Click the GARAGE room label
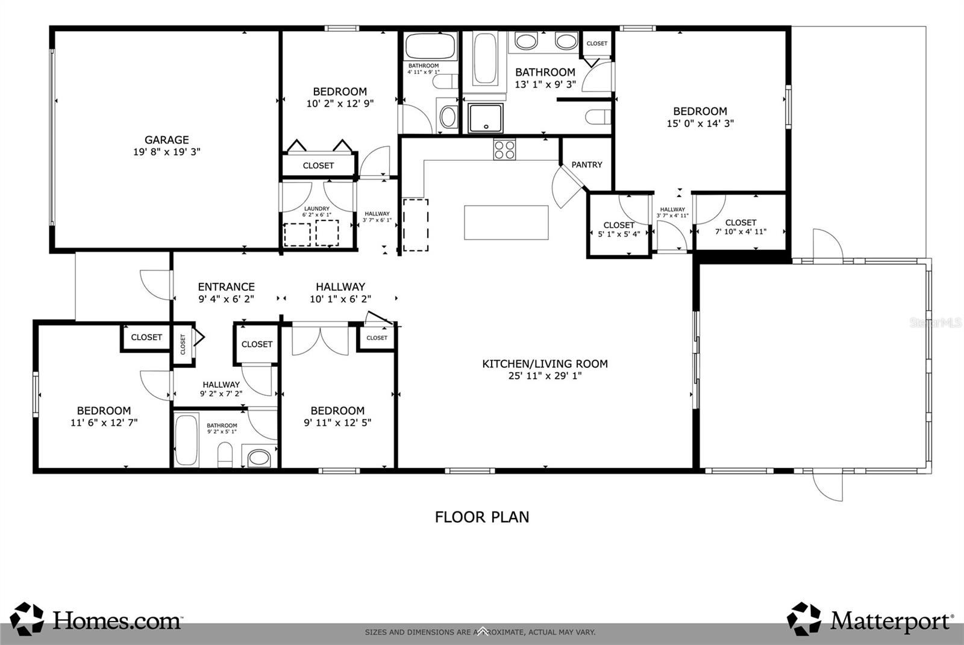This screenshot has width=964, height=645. (x=166, y=140)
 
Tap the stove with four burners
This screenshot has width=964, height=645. (x=504, y=149)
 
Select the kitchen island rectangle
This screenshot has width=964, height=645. (x=506, y=222)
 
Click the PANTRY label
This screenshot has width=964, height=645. (x=586, y=164)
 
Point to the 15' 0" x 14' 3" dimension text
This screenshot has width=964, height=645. (x=700, y=123)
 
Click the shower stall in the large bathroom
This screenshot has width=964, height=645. (x=486, y=117)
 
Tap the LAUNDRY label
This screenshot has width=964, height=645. (x=317, y=209)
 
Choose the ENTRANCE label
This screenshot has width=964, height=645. (x=226, y=287)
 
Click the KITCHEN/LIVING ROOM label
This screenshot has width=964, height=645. (x=545, y=364)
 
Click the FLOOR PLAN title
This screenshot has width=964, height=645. (x=482, y=517)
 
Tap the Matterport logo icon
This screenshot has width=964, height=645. (x=804, y=619)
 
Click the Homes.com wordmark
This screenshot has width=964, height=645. (x=117, y=620)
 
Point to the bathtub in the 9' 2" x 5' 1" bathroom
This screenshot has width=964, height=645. (x=186, y=439)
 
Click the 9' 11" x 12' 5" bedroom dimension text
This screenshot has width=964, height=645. (x=337, y=423)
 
